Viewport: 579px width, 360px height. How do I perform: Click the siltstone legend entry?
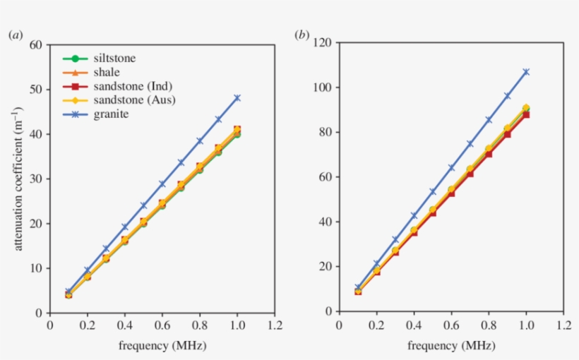[114, 58]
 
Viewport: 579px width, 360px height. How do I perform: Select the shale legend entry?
[107, 72]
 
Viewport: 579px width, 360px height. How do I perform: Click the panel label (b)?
[302, 34]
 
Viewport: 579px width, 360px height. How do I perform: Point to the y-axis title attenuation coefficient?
[18, 178]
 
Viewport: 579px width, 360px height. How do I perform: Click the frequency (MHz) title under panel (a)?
[162, 346]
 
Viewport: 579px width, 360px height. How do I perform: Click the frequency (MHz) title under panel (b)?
[451, 346]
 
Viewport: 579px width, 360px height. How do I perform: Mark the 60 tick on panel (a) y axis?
[36, 44]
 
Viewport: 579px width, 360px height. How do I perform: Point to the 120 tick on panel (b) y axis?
[322, 42]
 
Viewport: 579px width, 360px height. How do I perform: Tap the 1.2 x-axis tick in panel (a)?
[275, 325]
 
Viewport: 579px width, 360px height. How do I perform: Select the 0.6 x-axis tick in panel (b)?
[451, 325]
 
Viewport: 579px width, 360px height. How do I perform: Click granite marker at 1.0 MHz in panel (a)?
[237, 98]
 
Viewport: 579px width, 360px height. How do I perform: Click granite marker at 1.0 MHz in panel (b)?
[526, 72]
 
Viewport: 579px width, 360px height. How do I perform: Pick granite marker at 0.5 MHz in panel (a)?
[143, 205]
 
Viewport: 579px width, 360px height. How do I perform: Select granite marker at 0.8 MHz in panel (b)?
[489, 119]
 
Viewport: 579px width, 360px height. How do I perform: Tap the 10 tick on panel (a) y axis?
[36, 268]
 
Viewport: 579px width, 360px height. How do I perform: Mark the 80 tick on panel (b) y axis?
[325, 132]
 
